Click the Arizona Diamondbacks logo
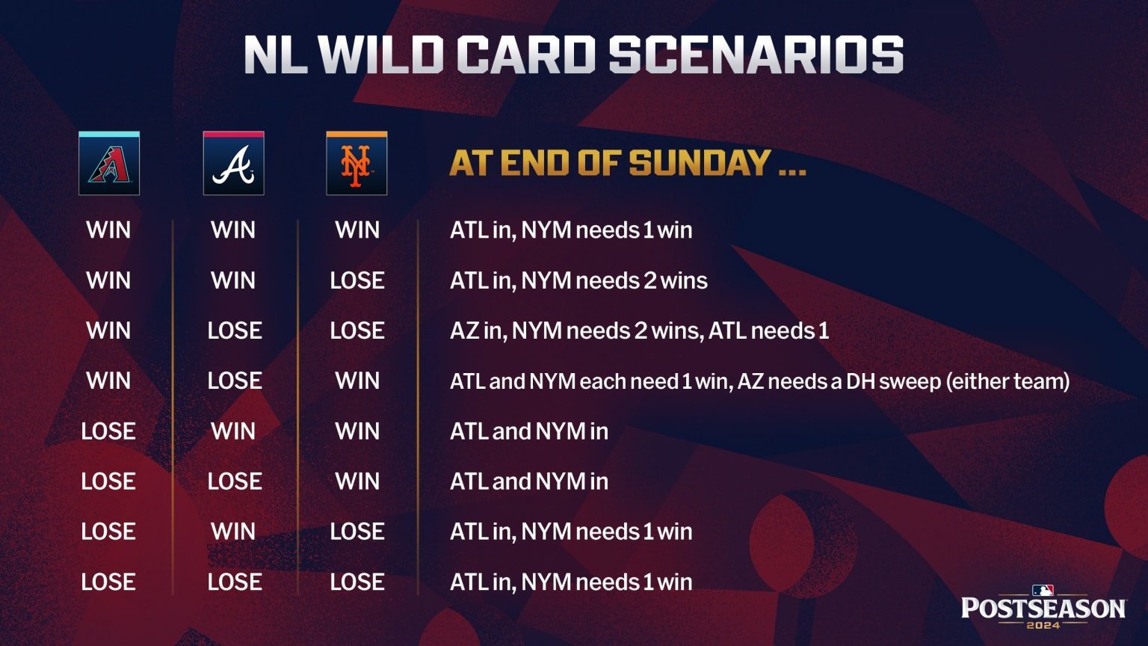point(109,164)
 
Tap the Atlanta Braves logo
point(233,164)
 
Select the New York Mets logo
point(357,164)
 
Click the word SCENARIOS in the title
point(756,55)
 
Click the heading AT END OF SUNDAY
point(627,163)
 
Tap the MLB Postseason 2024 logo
point(1043,606)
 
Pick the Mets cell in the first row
point(357,230)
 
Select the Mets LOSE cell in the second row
point(357,280)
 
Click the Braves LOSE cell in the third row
point(235,330)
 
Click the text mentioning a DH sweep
point(759,381)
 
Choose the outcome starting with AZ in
point(639,330)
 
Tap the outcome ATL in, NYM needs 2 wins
point(578,280)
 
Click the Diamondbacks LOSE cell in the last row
point(108,582)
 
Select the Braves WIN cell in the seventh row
point(233,532)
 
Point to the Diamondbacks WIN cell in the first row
point(108,230)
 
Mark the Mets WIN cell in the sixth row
point(357,482)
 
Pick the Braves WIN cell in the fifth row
point(233,431)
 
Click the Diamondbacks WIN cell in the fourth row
point(108,381)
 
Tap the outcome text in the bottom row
point(571,582)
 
